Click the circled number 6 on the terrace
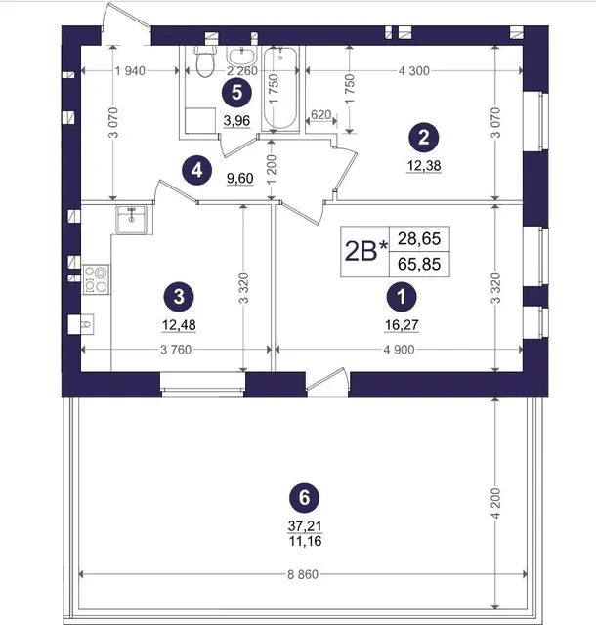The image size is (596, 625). point(305,497)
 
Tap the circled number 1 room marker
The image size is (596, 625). point(402,297)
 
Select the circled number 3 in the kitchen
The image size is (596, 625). point(179,297)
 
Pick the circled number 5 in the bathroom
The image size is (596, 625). point(237,93)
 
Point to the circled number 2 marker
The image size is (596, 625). point(424,138)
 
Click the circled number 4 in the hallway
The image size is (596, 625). point(196,171)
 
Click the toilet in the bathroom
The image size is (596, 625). point(205,62)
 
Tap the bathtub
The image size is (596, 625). point(280,89)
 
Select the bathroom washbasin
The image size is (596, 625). point(241,56)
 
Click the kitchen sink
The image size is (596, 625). point(131,219)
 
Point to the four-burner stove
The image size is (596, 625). point(96,279)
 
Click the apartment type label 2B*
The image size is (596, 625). point(365,252)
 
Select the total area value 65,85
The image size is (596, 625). point(419,264)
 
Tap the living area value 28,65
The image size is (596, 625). point(419,238)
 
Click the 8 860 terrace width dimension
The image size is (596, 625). point(303,574)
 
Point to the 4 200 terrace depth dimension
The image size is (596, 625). point(495,504)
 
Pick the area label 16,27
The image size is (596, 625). point(402,325)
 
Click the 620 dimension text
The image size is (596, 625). point(320,115)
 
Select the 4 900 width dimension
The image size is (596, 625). point(399,350)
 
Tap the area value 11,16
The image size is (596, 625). point(305,541)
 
